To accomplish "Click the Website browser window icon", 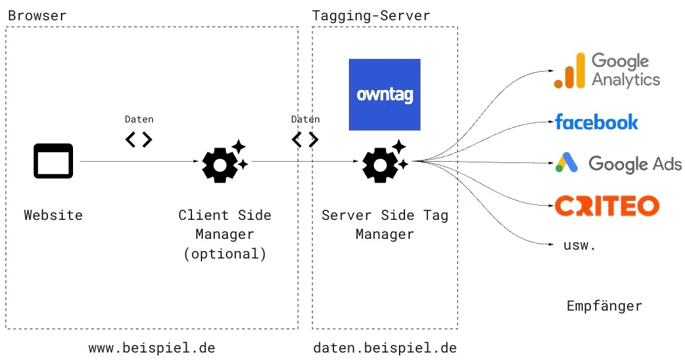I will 53,161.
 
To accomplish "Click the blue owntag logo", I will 384,95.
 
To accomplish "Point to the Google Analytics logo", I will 607,70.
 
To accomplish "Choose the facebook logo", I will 596,122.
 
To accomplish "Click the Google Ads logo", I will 618,163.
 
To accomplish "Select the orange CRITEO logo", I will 607,205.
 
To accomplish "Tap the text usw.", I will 580,245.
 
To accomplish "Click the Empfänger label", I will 604,307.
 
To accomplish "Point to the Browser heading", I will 37,16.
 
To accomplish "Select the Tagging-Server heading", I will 371,16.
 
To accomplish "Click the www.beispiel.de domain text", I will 152,348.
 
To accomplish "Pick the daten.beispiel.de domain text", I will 385,348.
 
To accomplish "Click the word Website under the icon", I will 53,215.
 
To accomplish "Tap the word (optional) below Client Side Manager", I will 225,254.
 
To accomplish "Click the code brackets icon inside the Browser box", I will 139,139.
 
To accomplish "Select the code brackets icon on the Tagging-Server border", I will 305,139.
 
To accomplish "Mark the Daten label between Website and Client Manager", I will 139,119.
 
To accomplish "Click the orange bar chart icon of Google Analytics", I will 569,72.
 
